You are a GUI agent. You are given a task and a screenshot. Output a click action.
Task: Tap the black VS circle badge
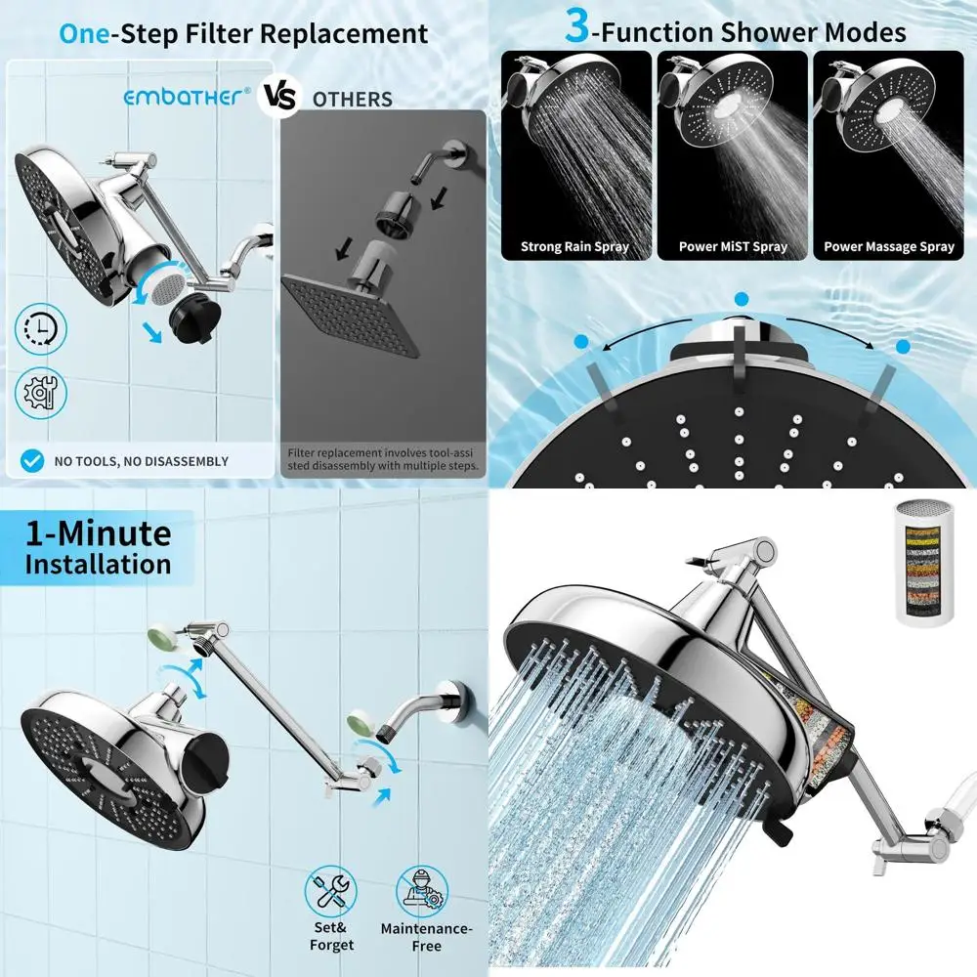(x=277, y=99)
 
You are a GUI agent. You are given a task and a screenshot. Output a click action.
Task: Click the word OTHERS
(x=352, y=100)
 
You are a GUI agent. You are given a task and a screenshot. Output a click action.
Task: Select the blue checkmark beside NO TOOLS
(x=32, y=460)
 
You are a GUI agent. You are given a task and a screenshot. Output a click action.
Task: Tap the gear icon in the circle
(x=42, y=393)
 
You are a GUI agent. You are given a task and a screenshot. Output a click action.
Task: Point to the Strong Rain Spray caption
(x=574, y=247)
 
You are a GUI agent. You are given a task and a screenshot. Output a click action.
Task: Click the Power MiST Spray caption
(x=733, y=247)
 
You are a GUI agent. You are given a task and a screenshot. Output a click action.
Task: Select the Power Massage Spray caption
(x=888, y=247)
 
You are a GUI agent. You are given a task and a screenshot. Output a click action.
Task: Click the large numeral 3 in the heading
(x=577, y=28)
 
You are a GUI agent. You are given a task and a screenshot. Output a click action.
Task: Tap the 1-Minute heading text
(x=98, y=533)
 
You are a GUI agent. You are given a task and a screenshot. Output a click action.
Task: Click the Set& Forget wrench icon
(x=330, y=891)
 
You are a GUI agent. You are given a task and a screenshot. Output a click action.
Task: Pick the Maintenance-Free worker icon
(x=423, y=891)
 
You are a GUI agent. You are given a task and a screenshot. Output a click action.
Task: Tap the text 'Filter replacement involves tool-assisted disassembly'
(x=383, y=459)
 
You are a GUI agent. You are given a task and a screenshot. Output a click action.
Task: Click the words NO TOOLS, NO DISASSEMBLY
(x=141, y=461)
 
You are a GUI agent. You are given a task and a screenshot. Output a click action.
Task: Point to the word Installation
(x=98, y=565)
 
